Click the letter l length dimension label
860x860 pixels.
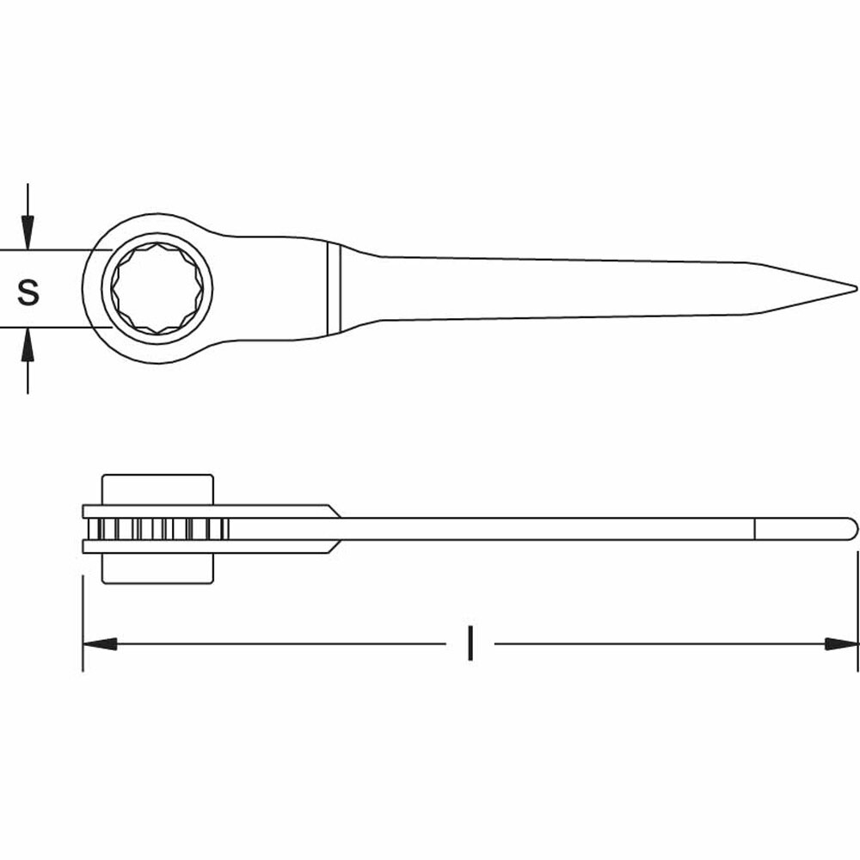pos(470,643)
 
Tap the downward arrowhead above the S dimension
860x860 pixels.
pos(28,234)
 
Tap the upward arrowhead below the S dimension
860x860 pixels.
pos(28,344)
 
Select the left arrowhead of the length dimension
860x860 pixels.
pos(99,643)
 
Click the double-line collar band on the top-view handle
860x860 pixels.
pos(334,288)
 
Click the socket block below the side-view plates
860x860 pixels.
pos(157,568)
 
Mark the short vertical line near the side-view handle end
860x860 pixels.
pos(755,529)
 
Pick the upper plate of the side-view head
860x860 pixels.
pos(206,511)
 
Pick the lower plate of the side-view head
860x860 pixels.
pos(206,546)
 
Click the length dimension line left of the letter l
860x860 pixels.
pos(275,643)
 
